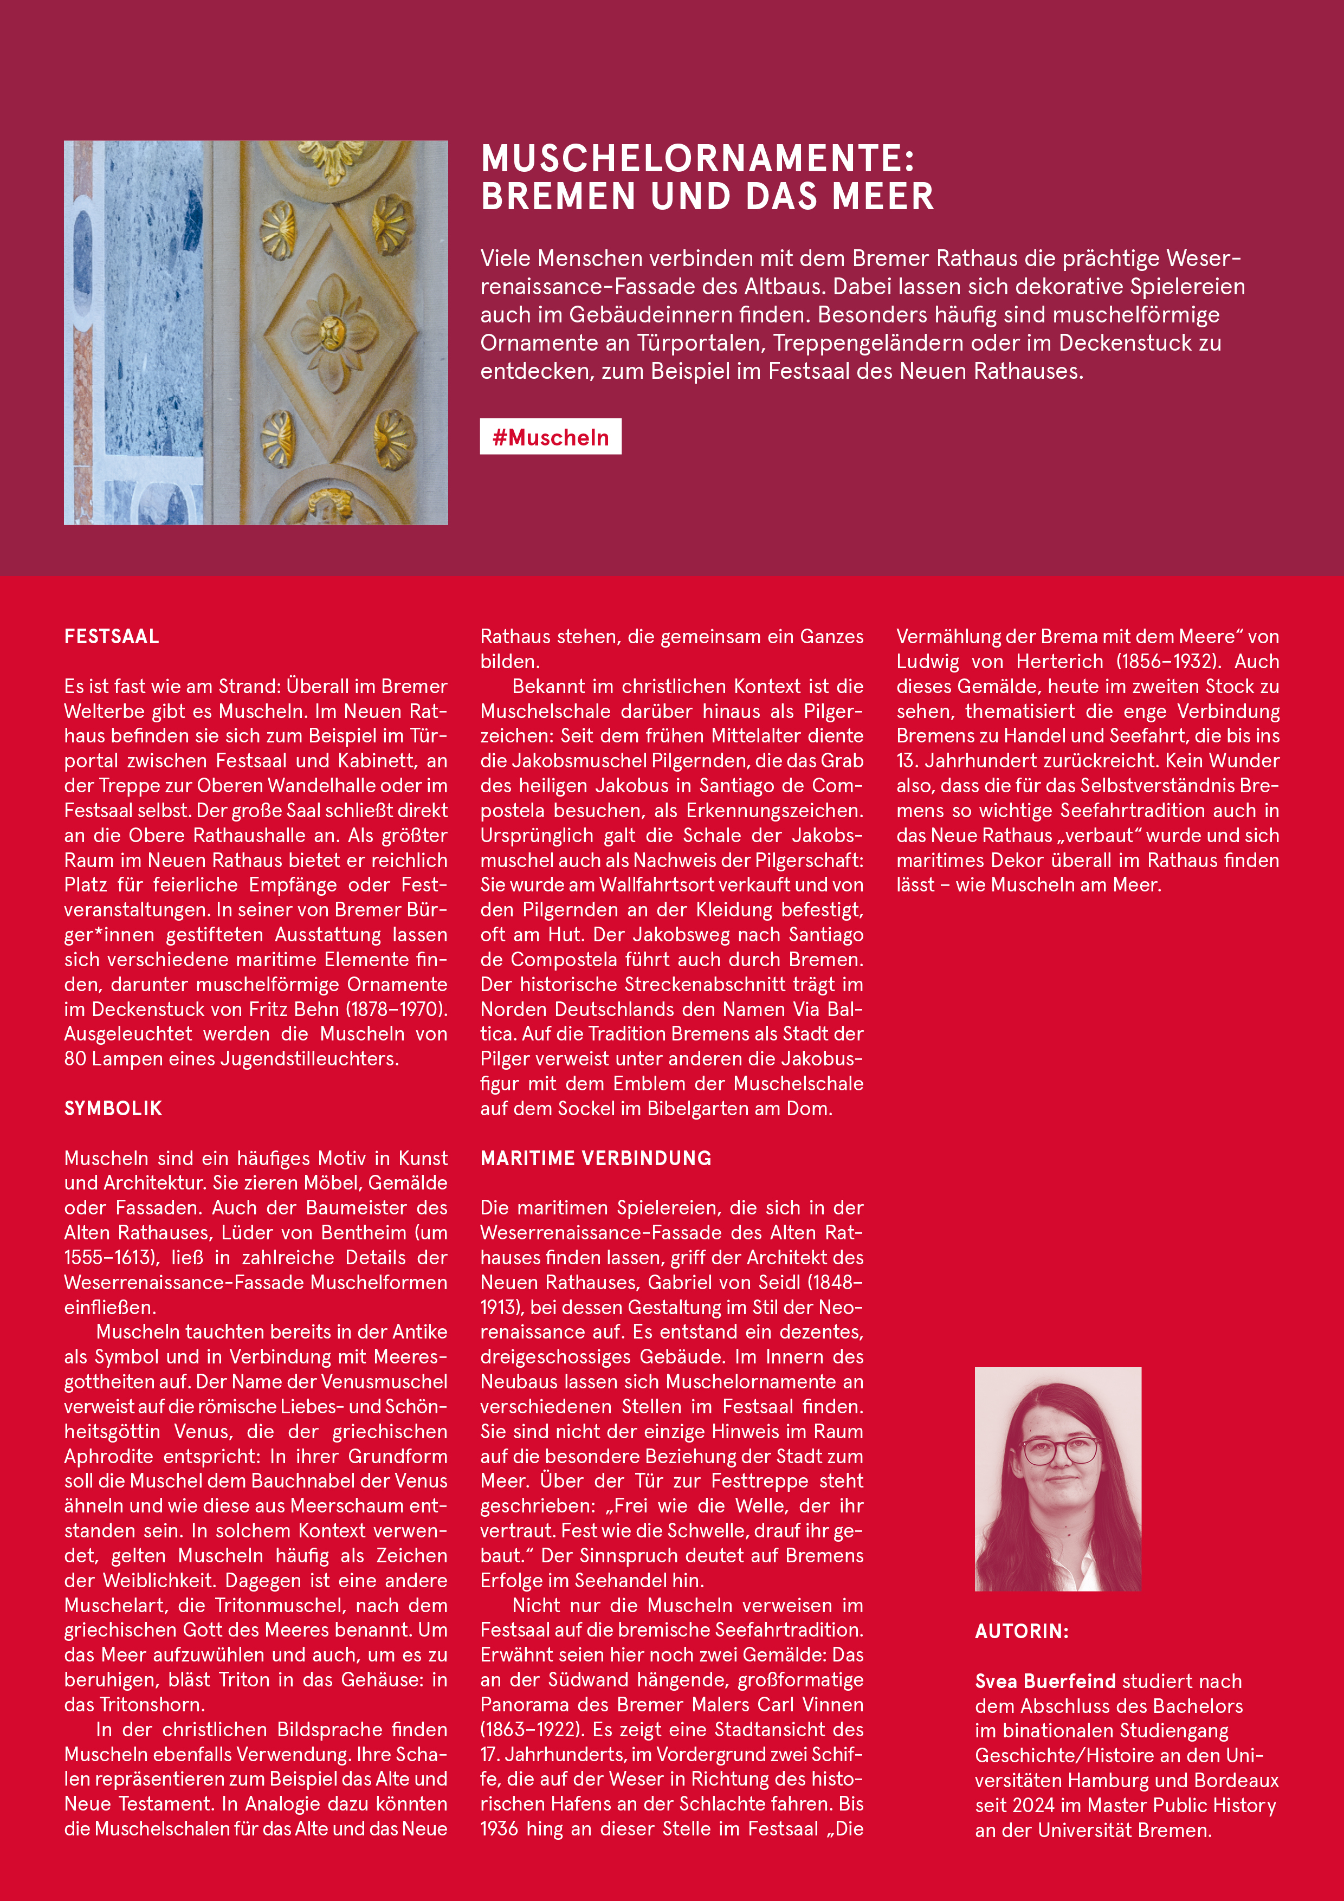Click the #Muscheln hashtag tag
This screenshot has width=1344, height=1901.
(550, 437)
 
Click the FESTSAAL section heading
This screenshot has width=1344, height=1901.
(112, 637)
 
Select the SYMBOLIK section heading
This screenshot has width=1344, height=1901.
(113, 1109)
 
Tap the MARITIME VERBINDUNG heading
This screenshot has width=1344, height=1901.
(596, 1158)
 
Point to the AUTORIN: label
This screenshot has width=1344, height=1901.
(1021, 1631)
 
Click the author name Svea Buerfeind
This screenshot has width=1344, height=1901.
(1045, 1681)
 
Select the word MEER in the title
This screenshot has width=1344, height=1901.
(883, 197)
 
